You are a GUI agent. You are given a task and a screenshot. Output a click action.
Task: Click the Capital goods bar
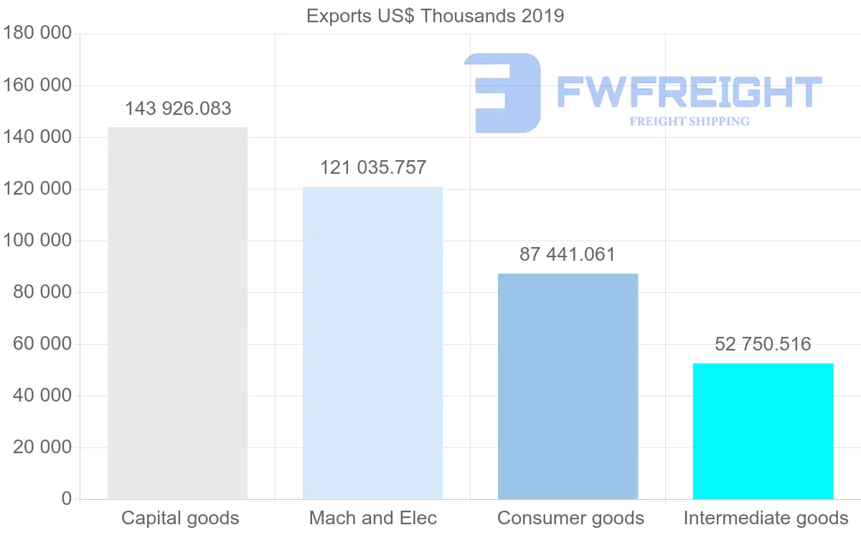(177, 313)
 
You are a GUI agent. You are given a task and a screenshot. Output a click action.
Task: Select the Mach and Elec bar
(372, 343)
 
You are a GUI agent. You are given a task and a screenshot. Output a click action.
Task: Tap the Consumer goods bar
(568, 386)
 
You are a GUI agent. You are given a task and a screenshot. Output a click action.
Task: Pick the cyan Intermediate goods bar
(763, 431)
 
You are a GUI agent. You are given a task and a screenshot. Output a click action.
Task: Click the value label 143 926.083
(178, 109)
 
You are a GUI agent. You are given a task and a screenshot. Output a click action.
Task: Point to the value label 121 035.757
(373, 168)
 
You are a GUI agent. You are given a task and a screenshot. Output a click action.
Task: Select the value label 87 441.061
(568, 255)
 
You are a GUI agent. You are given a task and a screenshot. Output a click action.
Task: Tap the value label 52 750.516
(763, 345)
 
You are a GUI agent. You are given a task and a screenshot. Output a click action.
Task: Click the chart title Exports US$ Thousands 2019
(435, 16)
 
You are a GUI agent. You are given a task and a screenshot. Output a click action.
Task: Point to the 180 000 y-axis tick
(38, 34)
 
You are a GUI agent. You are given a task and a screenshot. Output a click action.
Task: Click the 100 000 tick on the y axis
(38, 241)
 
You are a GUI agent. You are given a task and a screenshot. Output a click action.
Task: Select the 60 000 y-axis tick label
(42, 344)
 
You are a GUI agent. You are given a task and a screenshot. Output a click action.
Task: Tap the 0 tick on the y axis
(67, 499)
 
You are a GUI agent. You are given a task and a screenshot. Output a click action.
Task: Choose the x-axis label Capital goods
(180, 519)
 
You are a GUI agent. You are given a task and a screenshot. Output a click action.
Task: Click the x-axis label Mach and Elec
(373, 519)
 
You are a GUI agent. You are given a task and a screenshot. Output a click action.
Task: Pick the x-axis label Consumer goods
(570, 519)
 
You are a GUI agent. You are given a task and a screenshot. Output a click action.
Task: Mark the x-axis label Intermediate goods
(766, 519)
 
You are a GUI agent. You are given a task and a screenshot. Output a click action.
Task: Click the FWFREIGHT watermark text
(689, 92)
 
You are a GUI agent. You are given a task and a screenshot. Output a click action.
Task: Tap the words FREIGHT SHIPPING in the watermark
(690, 121)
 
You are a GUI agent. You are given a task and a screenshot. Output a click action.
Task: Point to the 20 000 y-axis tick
(42, 447)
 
